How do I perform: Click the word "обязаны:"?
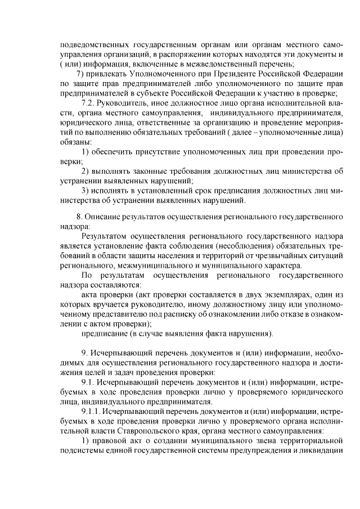tap(76, 143)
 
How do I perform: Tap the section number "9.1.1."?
tap(93, 412)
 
